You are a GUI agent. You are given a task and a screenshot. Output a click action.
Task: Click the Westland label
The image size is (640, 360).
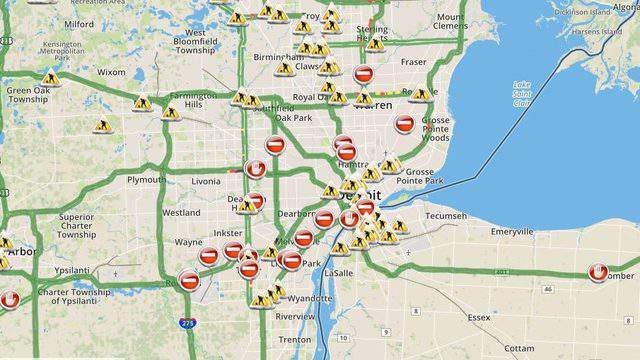[181, 213]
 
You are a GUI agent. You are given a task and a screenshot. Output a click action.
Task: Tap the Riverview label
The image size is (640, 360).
[295, 316]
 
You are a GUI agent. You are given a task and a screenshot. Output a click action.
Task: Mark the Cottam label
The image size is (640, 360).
[522, 349]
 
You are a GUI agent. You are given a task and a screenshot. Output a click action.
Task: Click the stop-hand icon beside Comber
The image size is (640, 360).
[599, 271]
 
